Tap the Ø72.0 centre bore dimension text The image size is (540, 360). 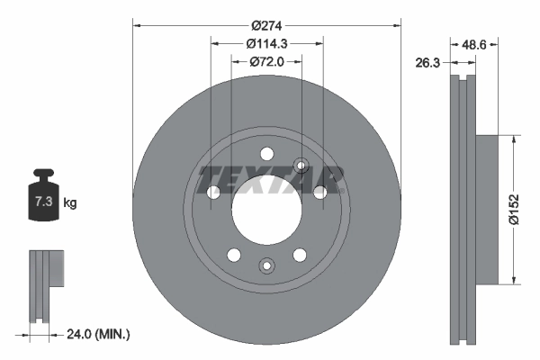pos(265,61)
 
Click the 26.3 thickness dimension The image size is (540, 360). pos(428,63)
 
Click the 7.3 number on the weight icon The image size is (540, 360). pos(42,202)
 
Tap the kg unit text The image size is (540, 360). pos(70,203)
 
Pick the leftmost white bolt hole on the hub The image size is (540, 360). pos(213,192)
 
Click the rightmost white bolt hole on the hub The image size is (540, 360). pos(319,192)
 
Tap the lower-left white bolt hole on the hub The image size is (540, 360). pos(234,254)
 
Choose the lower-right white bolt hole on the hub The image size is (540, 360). pos(300,254)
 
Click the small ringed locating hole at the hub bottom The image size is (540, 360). pos(266,265)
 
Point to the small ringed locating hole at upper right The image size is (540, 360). pos(301,165)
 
